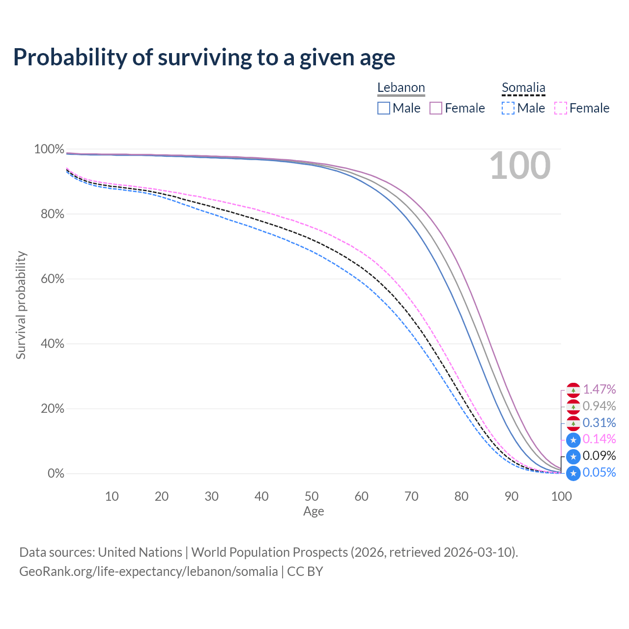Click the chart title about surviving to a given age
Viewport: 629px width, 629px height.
pyautogui.click(x=204, y=57)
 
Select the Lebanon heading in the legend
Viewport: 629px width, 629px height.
pyautogui.click(x=401, y=87)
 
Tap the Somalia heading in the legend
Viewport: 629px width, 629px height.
pyautogui.click(x=523, y=87)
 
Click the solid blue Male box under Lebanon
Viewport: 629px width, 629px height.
pyautogui.click(x=383, y=108)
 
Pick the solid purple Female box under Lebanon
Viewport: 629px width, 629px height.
pyautogui.click(x=436, y=108)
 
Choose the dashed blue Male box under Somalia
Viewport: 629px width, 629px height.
pyautogui.click(x=508, y=108)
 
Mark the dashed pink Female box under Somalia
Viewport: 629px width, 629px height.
pyautogui.click(x=561, y=108)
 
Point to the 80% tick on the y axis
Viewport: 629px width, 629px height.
pyautogui.click(x=53, y=214)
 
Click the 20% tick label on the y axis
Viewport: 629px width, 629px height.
pyautogui.click(x=53, y=409)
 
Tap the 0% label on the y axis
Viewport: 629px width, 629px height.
pyautogui.click(x=56, y=473)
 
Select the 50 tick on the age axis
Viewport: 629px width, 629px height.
pyautogui.click(x=312, y=496)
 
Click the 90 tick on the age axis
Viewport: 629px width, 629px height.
pyautogui.click(x=512, y=496)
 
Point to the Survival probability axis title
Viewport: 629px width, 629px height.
pyautogui.click(x=21, y=305)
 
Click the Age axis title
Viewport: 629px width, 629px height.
pyautogui.click(x=314, y=512)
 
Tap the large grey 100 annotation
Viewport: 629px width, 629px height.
pyautogui.click(x=520, y=166)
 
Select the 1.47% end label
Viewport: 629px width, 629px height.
pyautogui.click(x=600, y=389)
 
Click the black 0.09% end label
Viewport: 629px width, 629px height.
pyautogui.click(x=600, y=456)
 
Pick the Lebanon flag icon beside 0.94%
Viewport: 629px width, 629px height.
pyautogui.click(x=573, y=407)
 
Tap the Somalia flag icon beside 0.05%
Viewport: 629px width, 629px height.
pyautogui.click(x=573, y=473)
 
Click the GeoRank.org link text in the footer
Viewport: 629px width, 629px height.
pyautogui.click(x=148, y=572)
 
